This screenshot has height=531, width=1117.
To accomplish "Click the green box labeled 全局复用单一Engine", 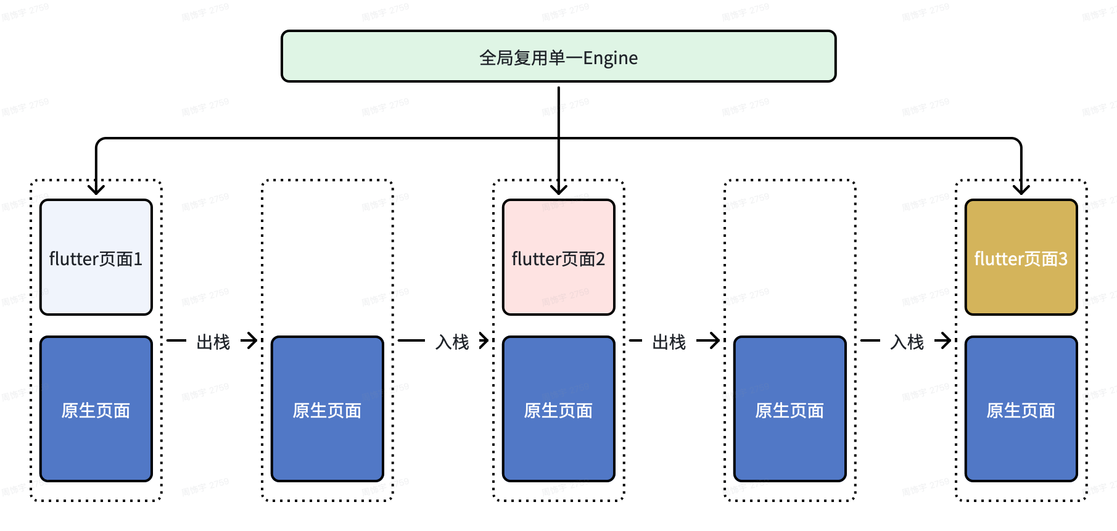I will coord(558,57).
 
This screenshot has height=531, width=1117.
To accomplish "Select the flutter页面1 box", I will coord(96,257).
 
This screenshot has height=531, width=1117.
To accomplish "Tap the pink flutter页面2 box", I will coord(558,257).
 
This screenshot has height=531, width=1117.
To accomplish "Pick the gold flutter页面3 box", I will coord(1021,257).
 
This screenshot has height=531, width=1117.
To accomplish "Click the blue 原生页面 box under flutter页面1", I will coord(96,409).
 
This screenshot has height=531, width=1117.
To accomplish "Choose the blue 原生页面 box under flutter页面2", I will coord(558,409).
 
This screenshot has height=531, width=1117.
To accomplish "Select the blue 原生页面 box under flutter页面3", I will coord(1021,409).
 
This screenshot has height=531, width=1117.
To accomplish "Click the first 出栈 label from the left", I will coord(213,342).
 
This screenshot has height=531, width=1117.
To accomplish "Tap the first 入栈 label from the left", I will coord(452,342).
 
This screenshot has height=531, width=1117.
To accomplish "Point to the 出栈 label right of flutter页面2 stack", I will coord(669,342).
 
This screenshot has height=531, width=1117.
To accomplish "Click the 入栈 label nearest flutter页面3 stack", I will coord(907,342).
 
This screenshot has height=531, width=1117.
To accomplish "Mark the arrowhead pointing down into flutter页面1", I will coord(96,189).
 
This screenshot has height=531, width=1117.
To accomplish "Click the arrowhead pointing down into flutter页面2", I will coord(559,189).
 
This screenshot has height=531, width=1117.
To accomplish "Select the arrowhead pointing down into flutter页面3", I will coord(1021,189).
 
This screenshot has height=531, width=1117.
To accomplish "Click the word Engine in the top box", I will coord(610,59).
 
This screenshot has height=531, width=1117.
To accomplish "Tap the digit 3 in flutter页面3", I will coord(1063,259).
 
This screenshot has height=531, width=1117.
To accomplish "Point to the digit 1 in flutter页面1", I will coord(138,259).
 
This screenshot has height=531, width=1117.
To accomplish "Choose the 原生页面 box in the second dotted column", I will coord(327,409).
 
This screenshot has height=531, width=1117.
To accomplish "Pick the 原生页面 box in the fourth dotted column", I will coord(789,409).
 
